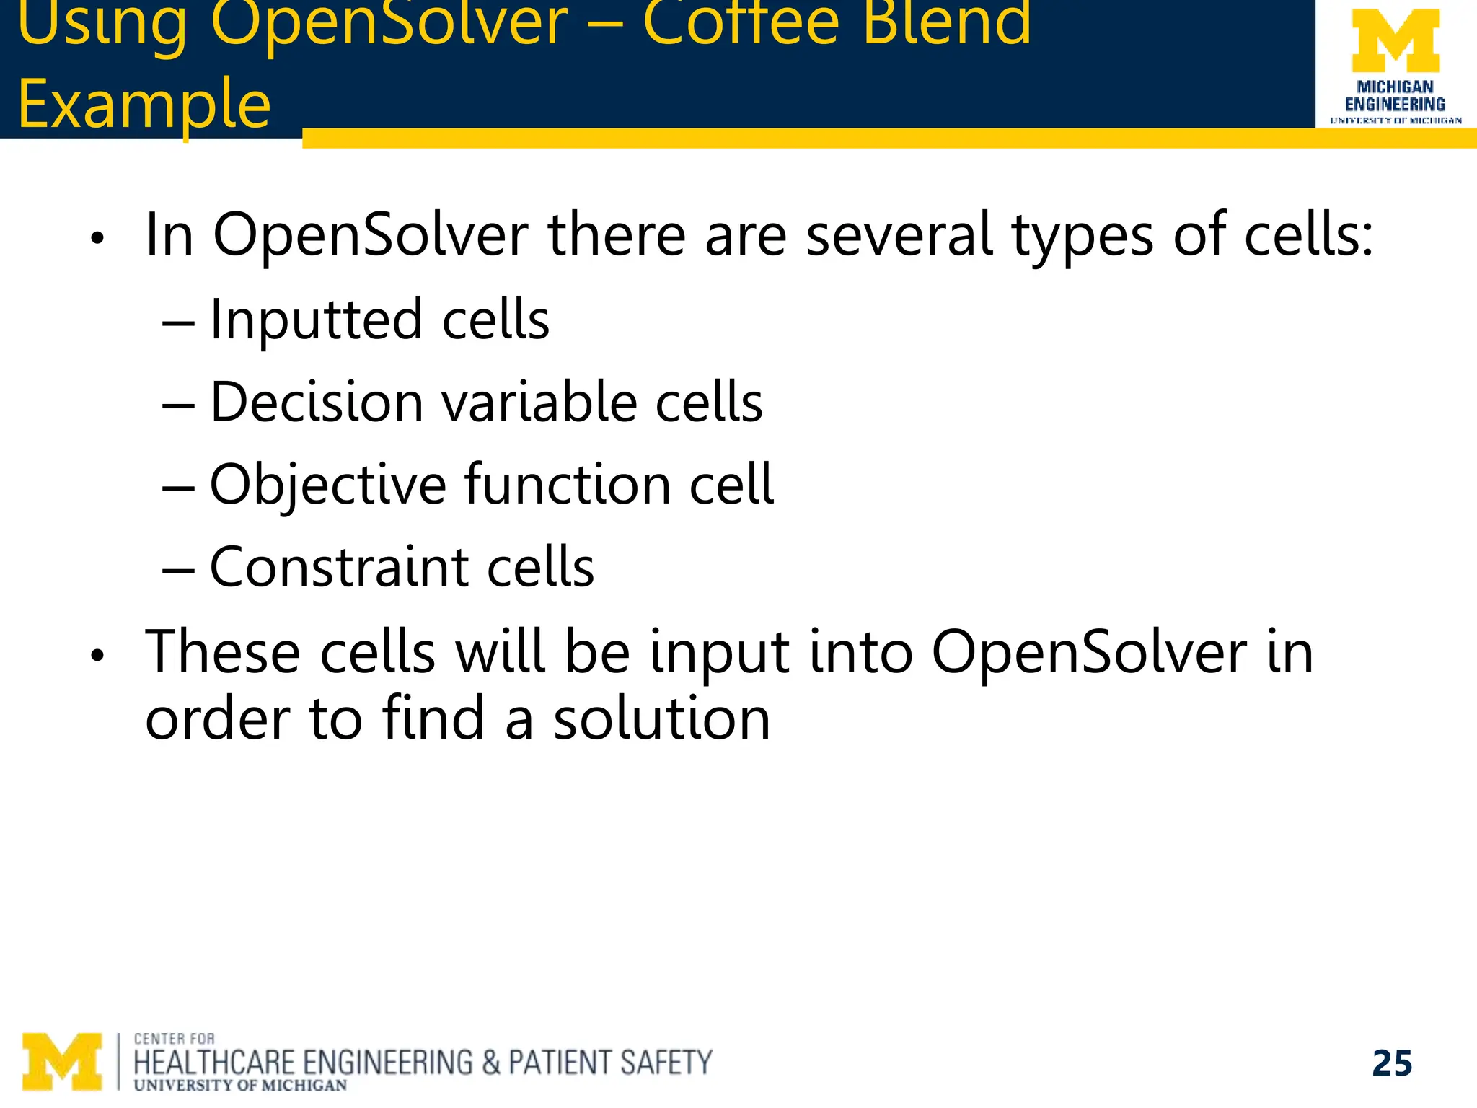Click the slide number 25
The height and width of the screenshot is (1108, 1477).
(x=1392, y=1063)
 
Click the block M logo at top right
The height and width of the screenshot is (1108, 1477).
(x=1395, y=41)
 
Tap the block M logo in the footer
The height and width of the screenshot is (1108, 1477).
(x=62, y=1061)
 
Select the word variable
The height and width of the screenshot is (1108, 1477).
(x=539, y=402)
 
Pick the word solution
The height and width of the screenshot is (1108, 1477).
(x=661, y=719)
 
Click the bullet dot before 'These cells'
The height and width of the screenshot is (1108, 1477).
(x=97, y=656)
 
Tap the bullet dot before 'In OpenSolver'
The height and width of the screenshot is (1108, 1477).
(x=97, y=238)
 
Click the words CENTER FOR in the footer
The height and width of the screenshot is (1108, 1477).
(x=174, y=1039)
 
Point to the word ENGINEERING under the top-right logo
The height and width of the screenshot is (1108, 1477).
(x=1395, y=105)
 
